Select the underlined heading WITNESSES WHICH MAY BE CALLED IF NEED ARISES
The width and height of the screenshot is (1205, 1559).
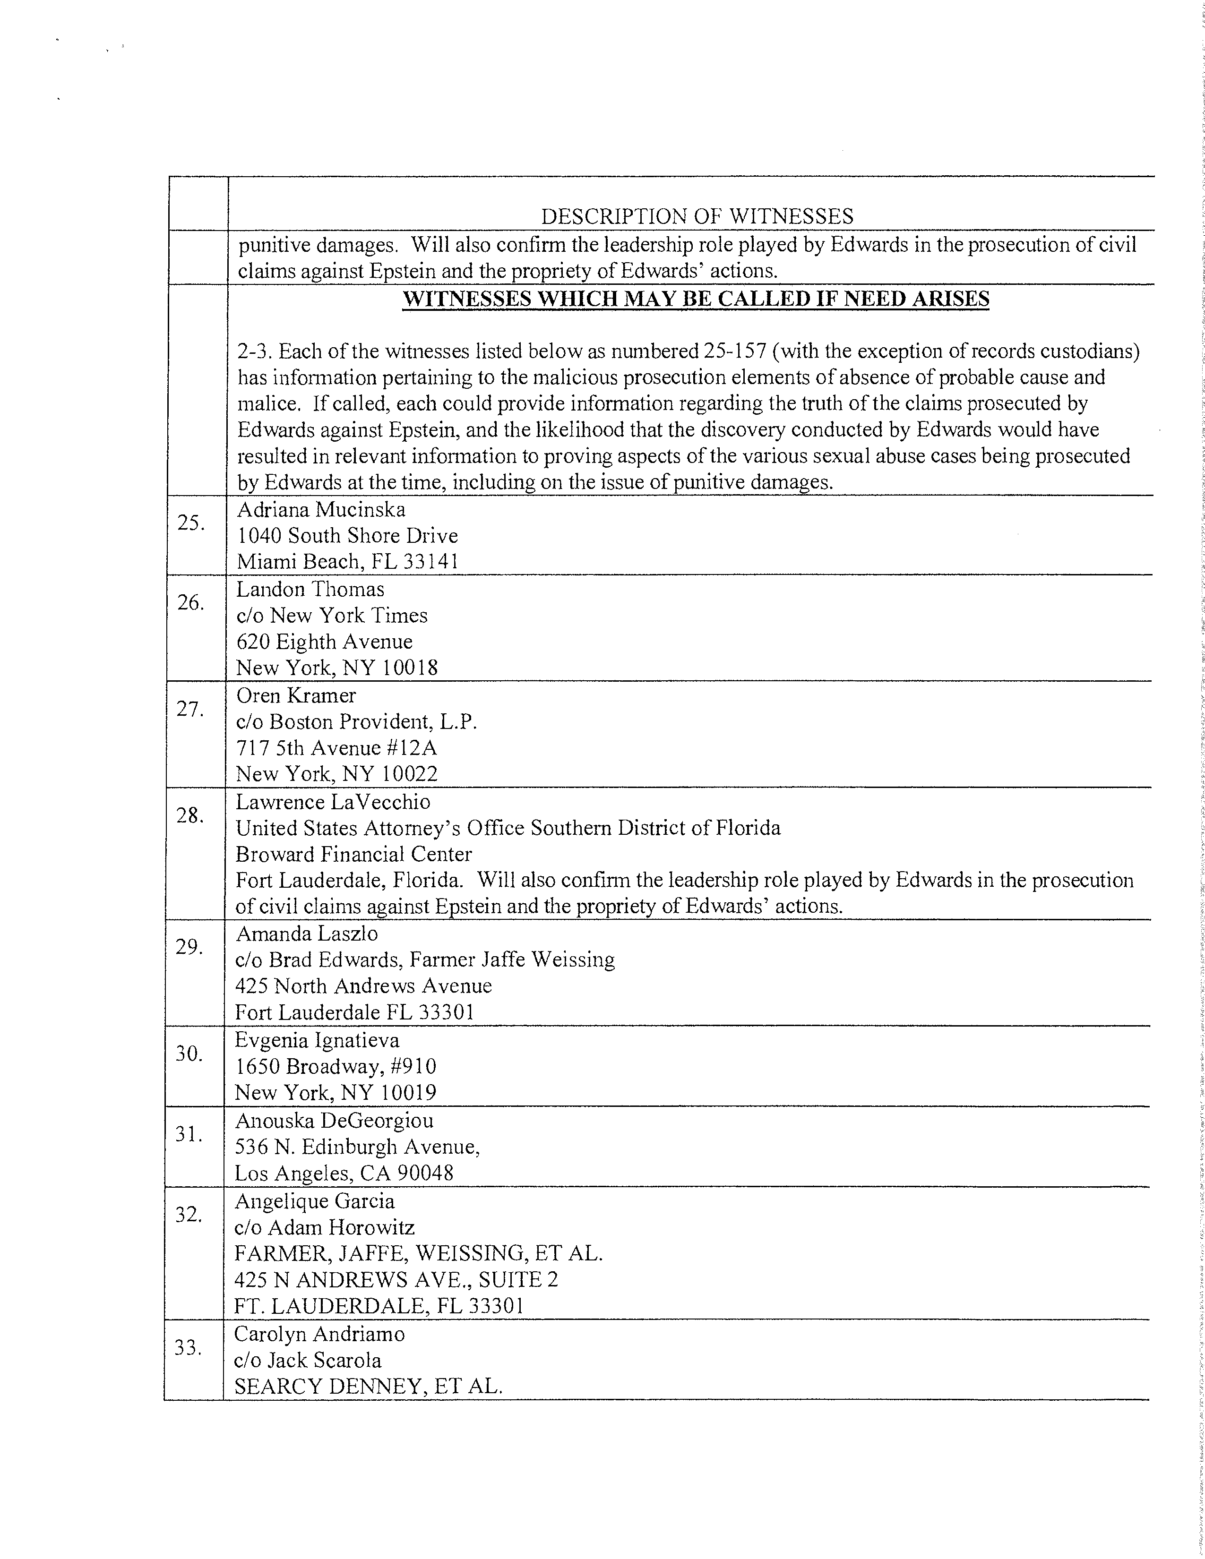click(696, 299)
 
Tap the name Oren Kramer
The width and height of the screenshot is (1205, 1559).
click(295, 695)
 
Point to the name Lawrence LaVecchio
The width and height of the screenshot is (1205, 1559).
click(333, 802)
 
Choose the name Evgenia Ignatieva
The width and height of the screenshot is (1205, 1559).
click(317, 1040)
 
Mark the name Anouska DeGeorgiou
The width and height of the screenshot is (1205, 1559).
click(334, 1120)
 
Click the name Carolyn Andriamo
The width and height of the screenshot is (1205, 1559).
click(319, 1334)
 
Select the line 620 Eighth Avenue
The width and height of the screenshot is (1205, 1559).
click(324, 642)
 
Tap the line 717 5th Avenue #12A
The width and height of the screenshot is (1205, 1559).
click(336, 748)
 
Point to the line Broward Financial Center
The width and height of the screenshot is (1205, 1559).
click(353, 855)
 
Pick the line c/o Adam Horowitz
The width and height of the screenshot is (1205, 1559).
click(324, 1227)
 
